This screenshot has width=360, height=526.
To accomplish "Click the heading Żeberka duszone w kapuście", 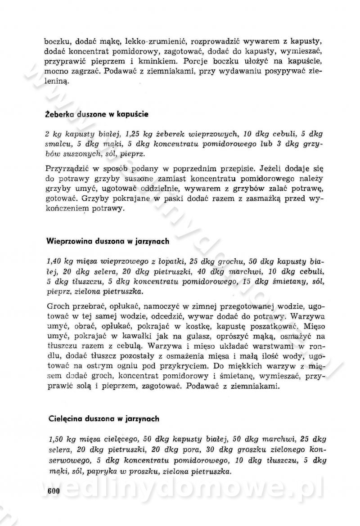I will pyautogui.click(x=97, y=114).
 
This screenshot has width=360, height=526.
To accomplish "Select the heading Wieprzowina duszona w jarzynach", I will pyautogui.click(x=108, y=241).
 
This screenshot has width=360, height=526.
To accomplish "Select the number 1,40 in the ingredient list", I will pyautogui.click(x=54, y=261).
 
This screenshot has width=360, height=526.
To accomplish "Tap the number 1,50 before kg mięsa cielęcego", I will pyautogui.click(x=54, y=439).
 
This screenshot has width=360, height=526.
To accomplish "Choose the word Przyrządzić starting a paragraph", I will pyautogui.click(x=68, y=169).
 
